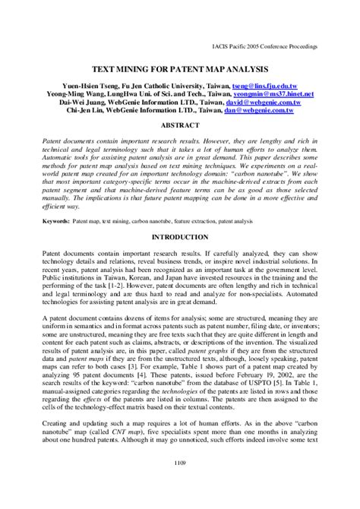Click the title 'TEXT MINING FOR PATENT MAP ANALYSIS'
(180, 68)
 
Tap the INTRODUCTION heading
(180, 237)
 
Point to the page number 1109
(180, 480)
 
